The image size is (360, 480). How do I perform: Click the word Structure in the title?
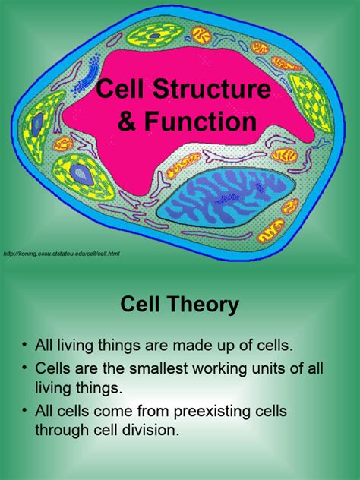(212, 88)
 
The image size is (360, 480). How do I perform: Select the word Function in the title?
(201, 122)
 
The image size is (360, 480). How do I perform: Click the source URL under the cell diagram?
(62, 254)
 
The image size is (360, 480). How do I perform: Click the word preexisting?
(218, 412)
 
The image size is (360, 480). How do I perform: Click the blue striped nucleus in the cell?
(226, 197)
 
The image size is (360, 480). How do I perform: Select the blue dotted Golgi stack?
(87, 75)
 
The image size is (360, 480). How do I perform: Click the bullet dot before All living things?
(24, 344)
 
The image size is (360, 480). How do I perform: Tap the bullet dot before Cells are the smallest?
(24, 368)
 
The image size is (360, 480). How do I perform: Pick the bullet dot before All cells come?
(24, 411)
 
